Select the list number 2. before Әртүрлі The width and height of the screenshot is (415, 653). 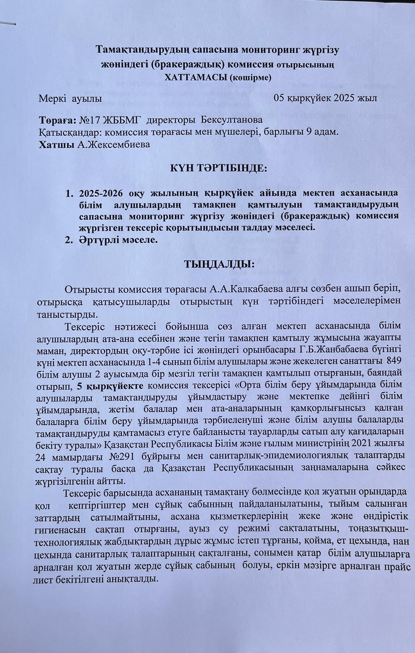click(x=70, y=240)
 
